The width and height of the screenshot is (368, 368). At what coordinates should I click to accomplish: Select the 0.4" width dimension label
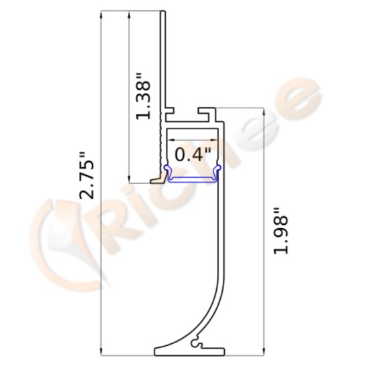click(x=192, y=155)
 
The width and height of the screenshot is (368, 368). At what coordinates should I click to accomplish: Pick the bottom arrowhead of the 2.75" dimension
click(x=100, y=350)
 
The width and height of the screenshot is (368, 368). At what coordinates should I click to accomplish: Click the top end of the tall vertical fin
click(x=164, y=13)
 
